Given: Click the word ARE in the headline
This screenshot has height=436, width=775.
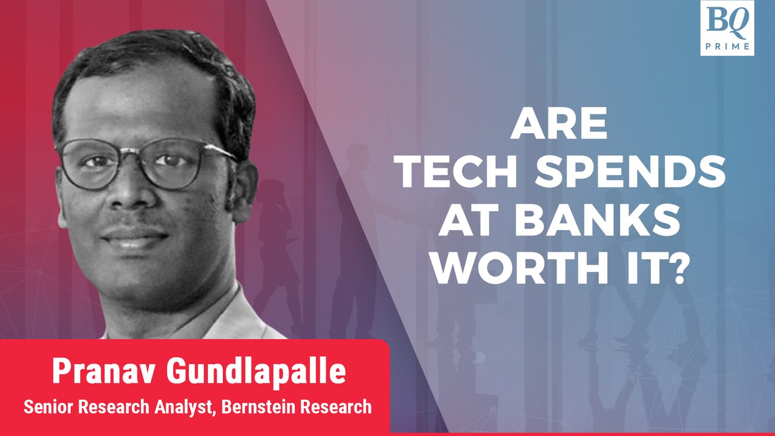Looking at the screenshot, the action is click(559, 123).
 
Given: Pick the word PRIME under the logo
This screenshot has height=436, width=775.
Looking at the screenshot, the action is click(727, 47).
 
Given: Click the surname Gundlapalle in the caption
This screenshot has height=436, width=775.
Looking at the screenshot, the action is click(256, 372).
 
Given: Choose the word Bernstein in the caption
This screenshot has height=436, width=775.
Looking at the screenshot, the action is click(258, 406).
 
